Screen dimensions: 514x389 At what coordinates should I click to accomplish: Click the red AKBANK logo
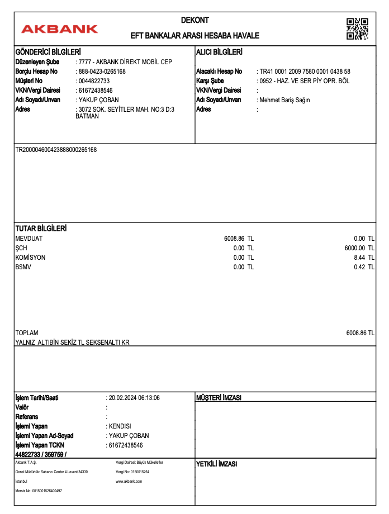pyautogui.click(x=59, y=29)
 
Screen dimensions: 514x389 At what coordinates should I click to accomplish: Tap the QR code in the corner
pyautogui.click(x=357, y=28)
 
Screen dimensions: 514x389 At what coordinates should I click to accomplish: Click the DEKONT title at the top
pyautogui.click(x=194, y=21)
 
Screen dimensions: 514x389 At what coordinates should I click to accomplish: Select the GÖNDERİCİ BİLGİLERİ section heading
pyautogui.click(x=48, y=52)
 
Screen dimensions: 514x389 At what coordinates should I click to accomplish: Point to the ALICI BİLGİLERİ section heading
pyautogui.click(x=219, y=52)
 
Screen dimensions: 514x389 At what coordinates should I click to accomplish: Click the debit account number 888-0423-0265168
pyautogui.click(x=102, y=72)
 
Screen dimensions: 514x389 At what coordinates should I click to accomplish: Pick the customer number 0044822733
pyautogui.click(x=94, y=81)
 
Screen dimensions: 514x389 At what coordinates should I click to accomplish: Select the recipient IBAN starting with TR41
pyautogui.click(x=305, y=72)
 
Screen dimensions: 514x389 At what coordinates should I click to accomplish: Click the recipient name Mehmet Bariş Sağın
pyautogui.click(x=284, y=100)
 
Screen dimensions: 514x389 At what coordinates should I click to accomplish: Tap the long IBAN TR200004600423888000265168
pyautogui.click(x=56, y=150)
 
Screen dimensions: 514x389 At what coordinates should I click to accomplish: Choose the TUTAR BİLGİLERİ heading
pyautogui.click(x=41, y=229)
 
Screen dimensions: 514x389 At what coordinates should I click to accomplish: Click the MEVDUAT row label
pyautogui.click(x=29, y=239)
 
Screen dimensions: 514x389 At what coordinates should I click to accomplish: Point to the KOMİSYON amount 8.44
pyautogui.click(x=360, y=258)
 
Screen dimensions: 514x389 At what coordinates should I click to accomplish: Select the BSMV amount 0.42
pyautogui.click(x=360, y=267)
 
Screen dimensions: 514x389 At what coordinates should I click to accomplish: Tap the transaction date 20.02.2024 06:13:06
pyautogui.click(x=134, y=398)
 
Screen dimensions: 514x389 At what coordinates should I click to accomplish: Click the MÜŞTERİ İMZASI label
pyautogui.click(x=219, y=398)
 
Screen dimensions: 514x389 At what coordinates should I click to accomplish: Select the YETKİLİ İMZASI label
pyautogui.click(x=217, y=464)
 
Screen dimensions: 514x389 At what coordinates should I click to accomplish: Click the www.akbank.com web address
pyautogui.click(x=129, y=481)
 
